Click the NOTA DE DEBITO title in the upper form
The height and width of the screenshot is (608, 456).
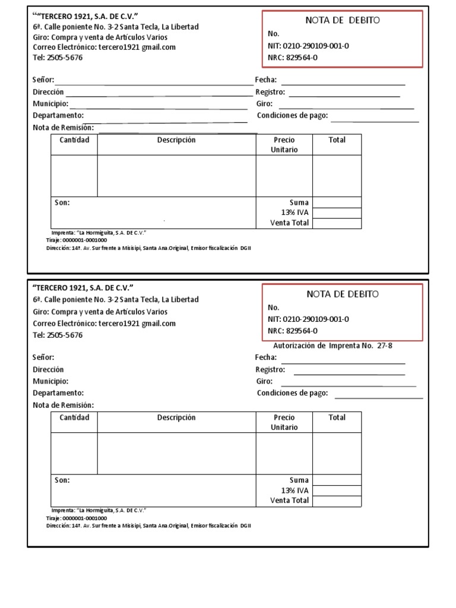point(343,20)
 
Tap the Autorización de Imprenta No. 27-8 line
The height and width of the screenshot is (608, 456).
point(332,346)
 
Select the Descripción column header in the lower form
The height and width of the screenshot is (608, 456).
point(176,417)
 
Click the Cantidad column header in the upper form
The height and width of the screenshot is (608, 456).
point(74,140)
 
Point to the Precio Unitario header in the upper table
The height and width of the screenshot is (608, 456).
point(284,144)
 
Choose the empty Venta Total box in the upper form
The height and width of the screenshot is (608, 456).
point(337,223)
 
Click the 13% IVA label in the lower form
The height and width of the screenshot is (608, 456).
point(294,490)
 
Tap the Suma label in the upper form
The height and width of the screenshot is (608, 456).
point(299,202)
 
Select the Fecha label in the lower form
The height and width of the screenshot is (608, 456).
point(266,357)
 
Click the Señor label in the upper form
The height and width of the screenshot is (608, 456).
point(43,80)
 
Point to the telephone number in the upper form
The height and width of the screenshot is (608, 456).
point(58,58)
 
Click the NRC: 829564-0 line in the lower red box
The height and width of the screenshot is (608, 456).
point(293,331)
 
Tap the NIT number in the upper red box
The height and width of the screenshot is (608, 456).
point(308,46)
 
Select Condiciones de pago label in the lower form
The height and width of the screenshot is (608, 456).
point(292,393)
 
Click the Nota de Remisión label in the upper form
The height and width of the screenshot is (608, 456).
point(64,128)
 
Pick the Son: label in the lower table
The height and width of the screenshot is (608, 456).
point(62,480)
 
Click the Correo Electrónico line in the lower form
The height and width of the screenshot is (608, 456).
point(104,324)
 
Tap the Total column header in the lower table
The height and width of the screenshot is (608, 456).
point(337,417)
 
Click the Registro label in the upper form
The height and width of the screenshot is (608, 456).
point(270,92)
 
